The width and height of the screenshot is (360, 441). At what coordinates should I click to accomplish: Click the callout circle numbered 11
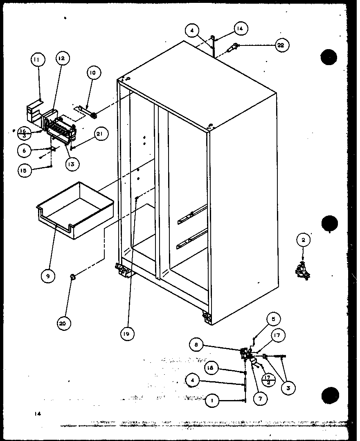tap(37, 60)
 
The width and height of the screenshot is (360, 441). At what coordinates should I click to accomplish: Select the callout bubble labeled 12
tap(61, 59)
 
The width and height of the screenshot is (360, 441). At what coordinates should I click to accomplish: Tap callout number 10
tap(92, 72)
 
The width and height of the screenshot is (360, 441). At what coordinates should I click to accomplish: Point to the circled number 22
tap(280, 45)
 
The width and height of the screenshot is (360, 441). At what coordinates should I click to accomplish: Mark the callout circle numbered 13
tap(72, 164)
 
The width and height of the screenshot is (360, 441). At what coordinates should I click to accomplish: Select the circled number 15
tap(25, 170)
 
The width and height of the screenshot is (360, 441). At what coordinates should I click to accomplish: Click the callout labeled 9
tap(48, 276)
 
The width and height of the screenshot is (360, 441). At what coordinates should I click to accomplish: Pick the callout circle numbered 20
tap(64, 323)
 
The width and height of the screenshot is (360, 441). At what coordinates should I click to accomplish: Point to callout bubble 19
tap(127, 334)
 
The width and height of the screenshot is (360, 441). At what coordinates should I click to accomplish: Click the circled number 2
tap(303, 240)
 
